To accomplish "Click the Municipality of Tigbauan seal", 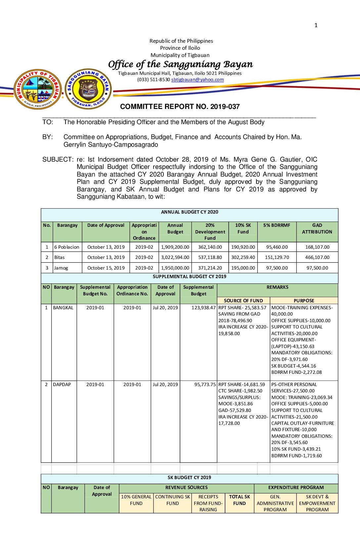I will coord(38,89).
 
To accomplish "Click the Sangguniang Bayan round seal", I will coord(88,89).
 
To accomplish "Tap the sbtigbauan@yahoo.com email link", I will coord(198,79).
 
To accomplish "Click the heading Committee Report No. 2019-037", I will coord(180,107).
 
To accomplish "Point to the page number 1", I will coord(316,25).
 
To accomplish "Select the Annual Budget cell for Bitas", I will coord(175,257).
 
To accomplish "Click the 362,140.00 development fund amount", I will coord(210,247).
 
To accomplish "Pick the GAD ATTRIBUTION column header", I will coord(317,228).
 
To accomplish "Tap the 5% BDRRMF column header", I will coord(277,225).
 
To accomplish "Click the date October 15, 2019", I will coord(106,268).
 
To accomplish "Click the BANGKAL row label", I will coord(63,308).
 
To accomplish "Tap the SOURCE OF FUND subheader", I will coord(243,301).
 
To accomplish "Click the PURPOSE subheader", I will coord(304,301).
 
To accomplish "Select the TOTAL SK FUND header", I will coord(240,500).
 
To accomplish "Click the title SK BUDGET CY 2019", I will coord(189,477).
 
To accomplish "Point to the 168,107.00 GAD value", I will coord(317,247).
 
